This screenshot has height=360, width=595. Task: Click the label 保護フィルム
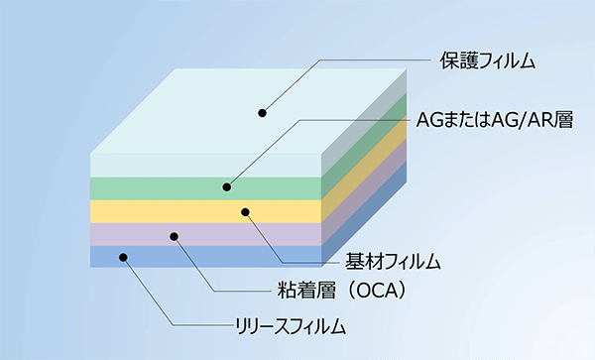pos(487,61)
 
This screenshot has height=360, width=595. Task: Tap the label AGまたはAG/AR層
pos(495,122)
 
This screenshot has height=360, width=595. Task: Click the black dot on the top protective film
pos(264,112)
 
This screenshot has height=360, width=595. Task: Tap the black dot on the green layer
pos(226,186)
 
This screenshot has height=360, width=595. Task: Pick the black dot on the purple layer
pos(174,236)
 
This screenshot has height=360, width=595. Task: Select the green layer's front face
pos(149,187)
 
